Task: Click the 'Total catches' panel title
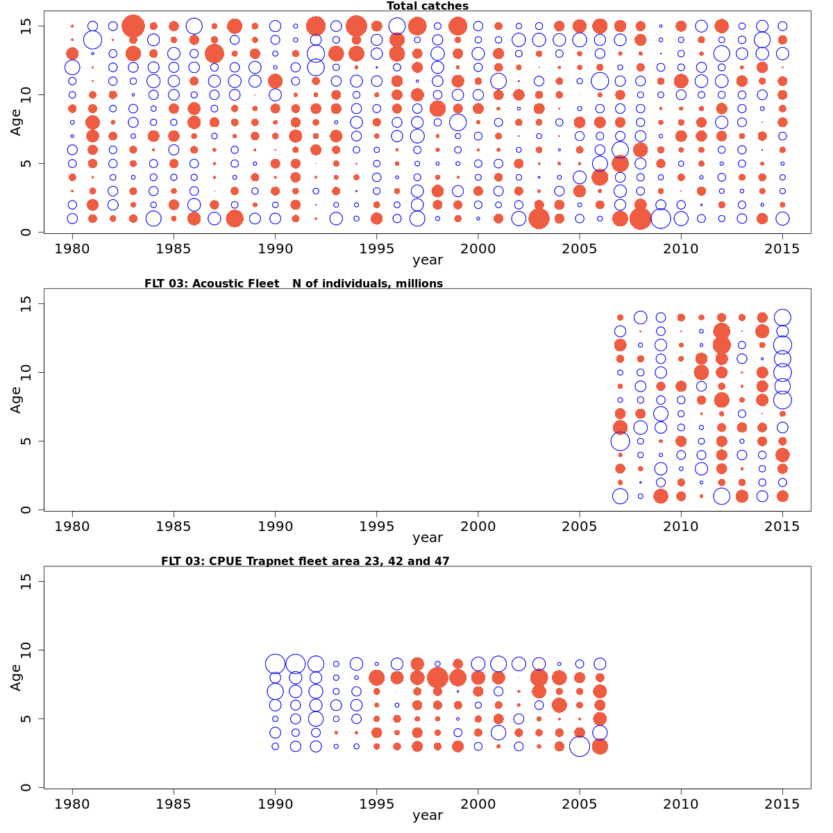[x=428, y=6]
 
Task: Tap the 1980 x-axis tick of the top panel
[x=72, y=249]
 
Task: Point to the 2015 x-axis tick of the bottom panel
[x=782, y=804]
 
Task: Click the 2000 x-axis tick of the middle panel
[x=478, y=526]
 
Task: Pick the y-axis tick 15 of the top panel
[x=26, y=26]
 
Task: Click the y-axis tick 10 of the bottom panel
[x=26, y=650]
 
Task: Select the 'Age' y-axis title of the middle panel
[x=16, y=400]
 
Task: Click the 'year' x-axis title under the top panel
[x=428, y=261]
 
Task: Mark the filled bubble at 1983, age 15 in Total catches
[x=133, y=26]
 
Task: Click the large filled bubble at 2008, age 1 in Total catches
[x=641, y=219]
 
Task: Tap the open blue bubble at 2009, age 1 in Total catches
[x=661, y=219]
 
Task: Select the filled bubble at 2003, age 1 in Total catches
[x=539, y=219]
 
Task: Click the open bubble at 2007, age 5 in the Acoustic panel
[x=620, y=441]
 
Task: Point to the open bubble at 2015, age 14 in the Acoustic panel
[x=782, y=317]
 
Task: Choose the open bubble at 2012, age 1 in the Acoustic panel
[x=721, y=496]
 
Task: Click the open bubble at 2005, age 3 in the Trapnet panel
[x=580, y=746]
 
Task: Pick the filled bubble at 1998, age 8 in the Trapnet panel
[x=437, y=678]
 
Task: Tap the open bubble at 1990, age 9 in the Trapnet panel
[x=275, y=664]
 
